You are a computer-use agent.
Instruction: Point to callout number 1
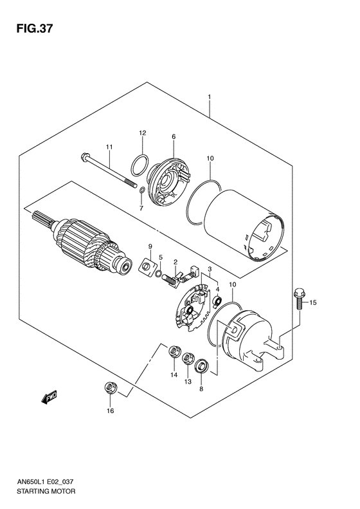tap(210, 98)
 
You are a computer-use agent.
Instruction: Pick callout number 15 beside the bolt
tap(314, 302)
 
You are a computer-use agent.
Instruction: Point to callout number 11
tap(109, 147)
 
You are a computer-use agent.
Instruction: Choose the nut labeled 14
tap(173, 352)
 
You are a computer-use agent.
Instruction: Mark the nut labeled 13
tap(188, 358)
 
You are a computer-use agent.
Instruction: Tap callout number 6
tap(174, 136)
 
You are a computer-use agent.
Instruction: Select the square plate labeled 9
tap(147, 264)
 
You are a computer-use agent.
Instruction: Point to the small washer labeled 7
tap(141, 190)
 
